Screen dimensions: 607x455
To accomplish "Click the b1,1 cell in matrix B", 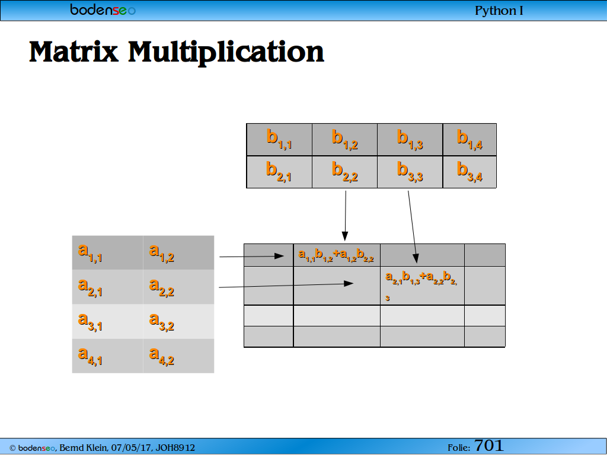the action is [279, 140].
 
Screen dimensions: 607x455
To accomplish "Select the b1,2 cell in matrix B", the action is [344, 140].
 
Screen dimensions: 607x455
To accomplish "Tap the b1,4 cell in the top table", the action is [469, 140].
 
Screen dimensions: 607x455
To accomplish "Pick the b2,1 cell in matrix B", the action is [279, 172].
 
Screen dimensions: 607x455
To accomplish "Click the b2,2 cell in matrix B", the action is [344, 172].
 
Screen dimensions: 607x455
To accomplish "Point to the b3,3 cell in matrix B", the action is [410, 172].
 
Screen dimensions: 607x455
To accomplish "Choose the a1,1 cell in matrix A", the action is [107, 252].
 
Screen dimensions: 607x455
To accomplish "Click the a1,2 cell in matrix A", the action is [178, 252].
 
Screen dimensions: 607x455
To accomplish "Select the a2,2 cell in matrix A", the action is [178, 287].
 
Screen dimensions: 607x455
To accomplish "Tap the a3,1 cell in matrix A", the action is [107, 322].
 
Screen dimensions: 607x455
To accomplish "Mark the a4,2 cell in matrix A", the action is [178, 356].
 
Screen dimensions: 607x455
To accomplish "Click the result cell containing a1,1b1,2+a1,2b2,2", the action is [337, 255].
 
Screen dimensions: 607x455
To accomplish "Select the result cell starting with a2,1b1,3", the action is [422, 286].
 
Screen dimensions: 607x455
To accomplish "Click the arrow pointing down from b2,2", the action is [346, 216].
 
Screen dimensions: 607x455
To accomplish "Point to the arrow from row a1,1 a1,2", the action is [251, 256].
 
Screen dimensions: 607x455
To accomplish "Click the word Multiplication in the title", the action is [226, 52].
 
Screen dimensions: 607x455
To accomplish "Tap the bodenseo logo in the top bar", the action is [103, 9].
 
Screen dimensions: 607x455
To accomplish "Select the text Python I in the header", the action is [499, 11].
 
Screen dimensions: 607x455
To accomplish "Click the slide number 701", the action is [488, 446].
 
